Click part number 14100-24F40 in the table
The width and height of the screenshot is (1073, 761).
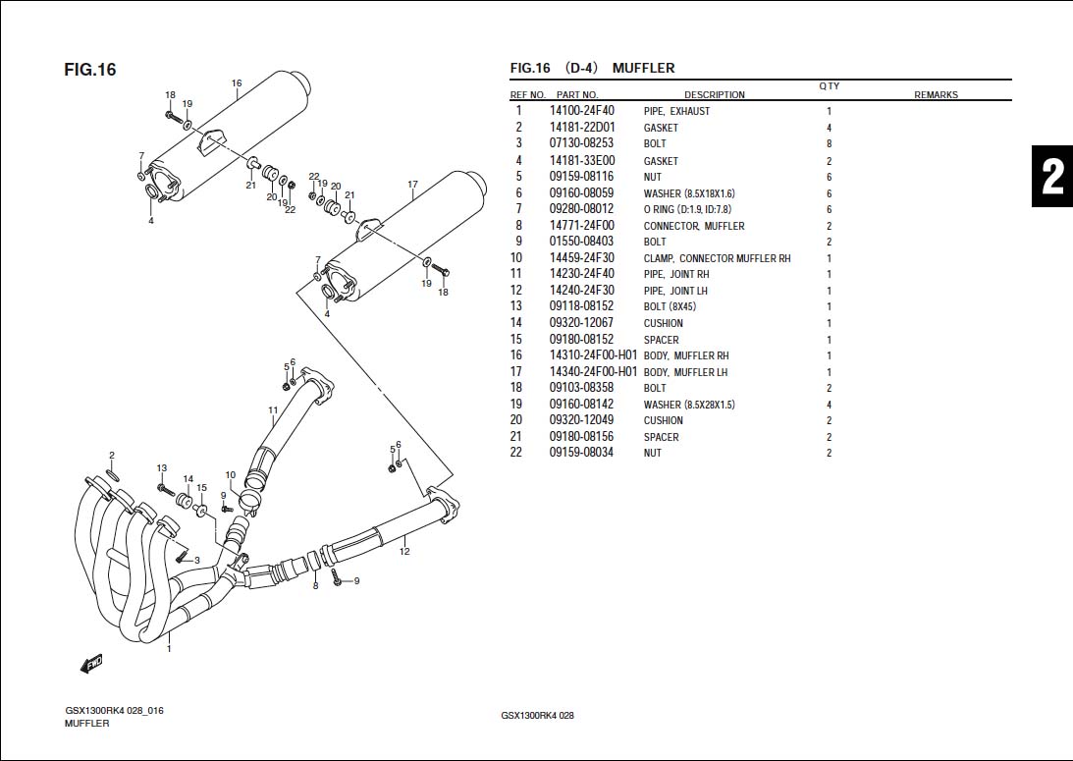point(581,111)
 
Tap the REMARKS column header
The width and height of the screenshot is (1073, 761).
point(936,95)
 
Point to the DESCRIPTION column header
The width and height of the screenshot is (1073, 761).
point(714,95)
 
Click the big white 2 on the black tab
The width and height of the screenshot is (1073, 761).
point(1051,178)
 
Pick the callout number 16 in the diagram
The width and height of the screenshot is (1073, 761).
point(237,83)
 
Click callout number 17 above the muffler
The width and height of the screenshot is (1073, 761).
point(412,185)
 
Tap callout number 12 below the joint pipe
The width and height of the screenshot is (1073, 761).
point(404,552)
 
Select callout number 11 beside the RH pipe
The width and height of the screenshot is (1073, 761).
point(273,409)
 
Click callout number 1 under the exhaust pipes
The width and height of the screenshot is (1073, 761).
point(169,648)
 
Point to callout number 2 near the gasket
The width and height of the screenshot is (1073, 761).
point(112,456)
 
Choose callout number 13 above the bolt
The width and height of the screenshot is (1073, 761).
point(162,468)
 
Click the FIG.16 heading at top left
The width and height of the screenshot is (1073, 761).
point(90,70)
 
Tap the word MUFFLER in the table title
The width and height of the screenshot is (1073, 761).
point(643,69)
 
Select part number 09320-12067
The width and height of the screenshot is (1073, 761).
point(581,323)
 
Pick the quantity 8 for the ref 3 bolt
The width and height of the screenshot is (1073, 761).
point(829,144)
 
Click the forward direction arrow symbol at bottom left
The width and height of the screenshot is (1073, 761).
point(91,664)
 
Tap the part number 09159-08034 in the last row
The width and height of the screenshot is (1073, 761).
point(581,453)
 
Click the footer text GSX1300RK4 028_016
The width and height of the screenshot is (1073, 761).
point(114,711)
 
